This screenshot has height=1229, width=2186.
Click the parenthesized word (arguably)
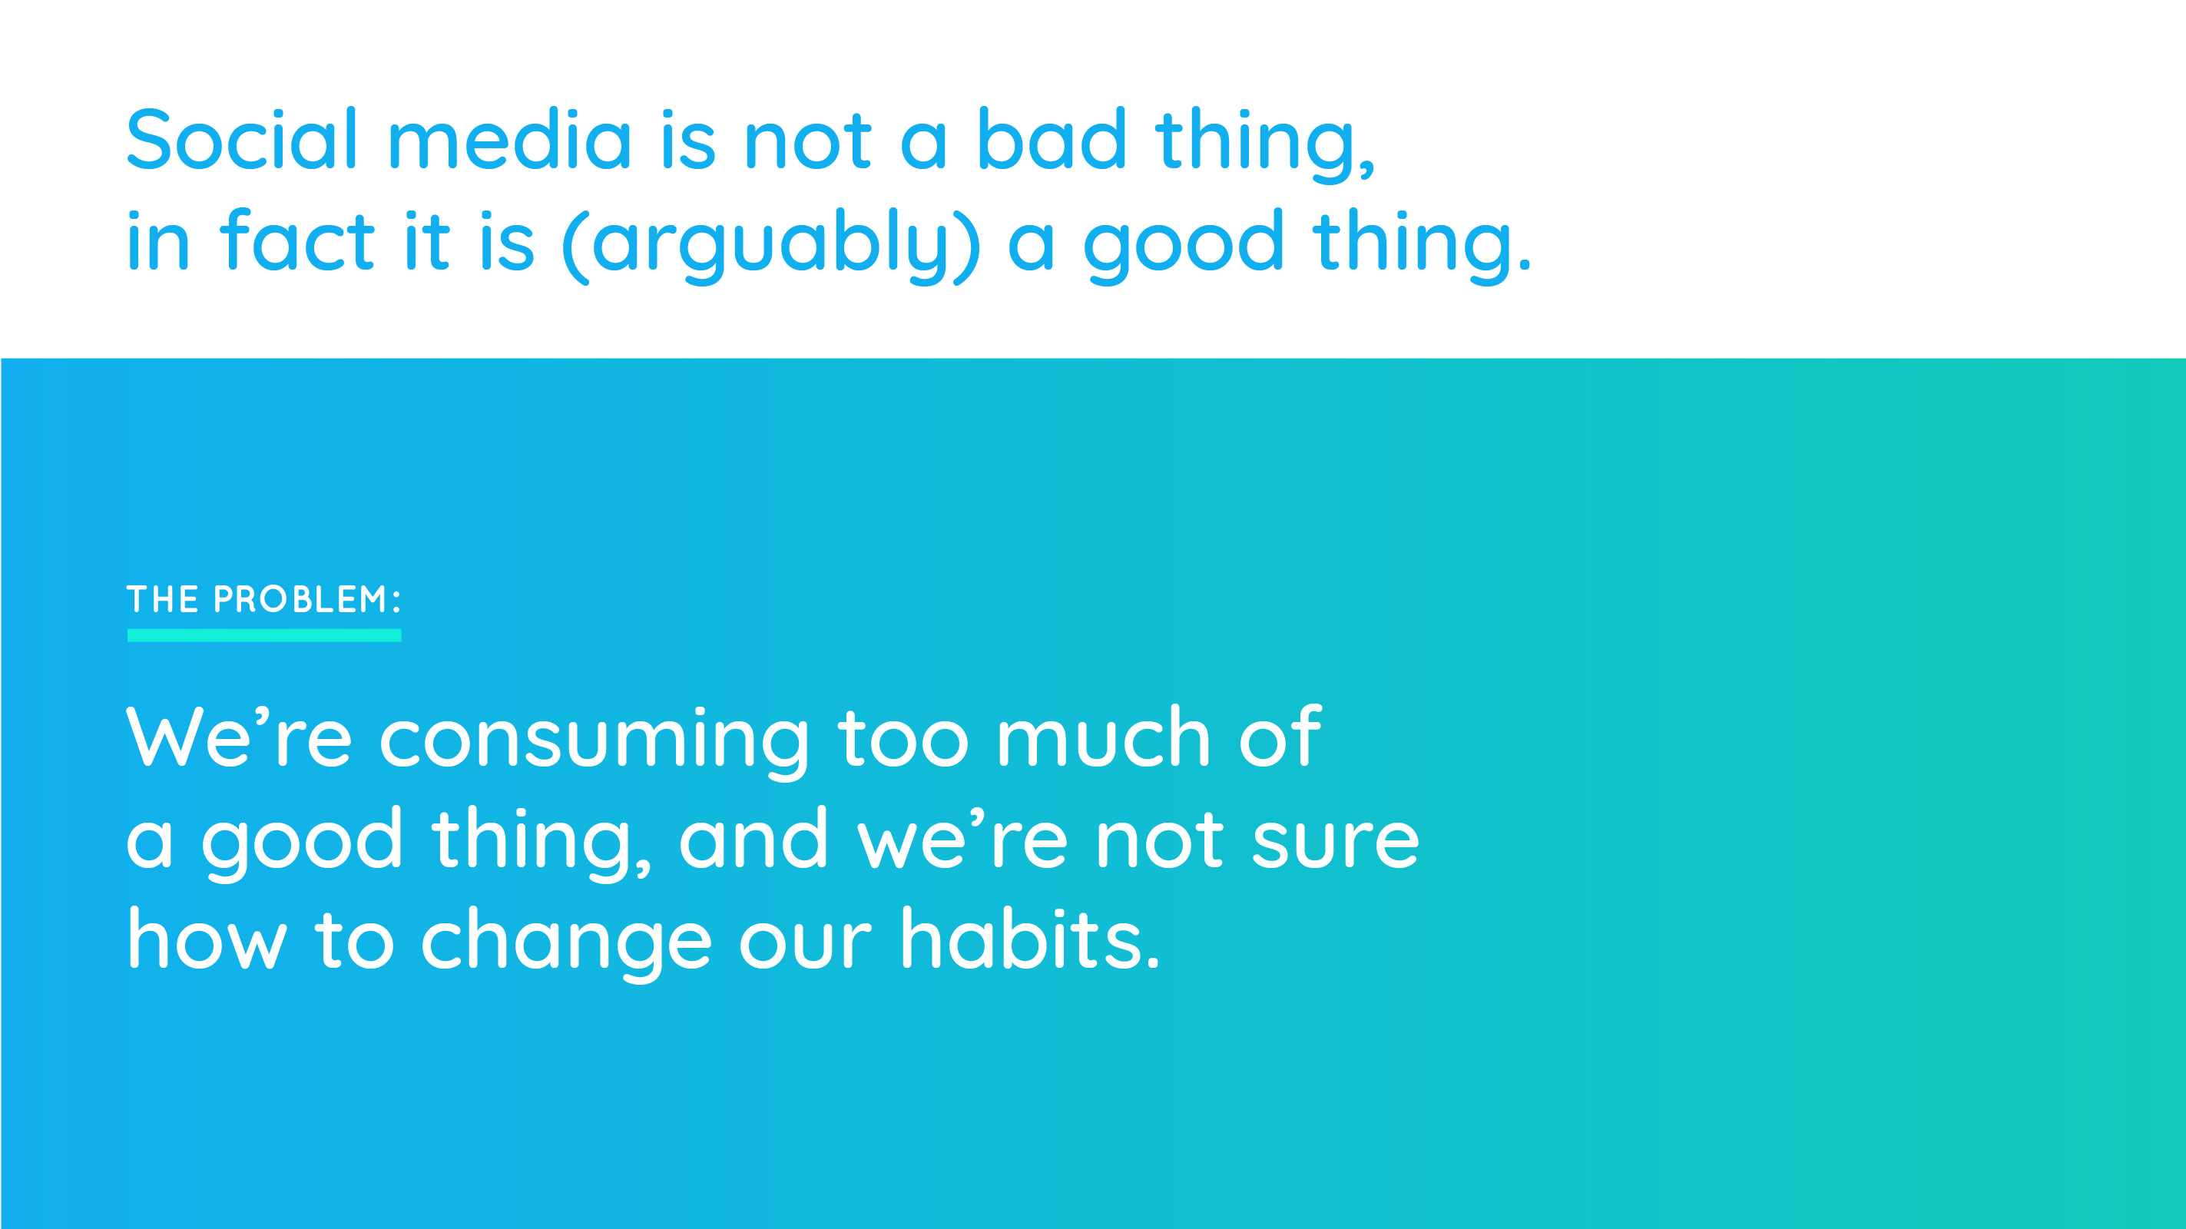click(x=771, y=246)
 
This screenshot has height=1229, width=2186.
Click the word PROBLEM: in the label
click(x=307, y=599)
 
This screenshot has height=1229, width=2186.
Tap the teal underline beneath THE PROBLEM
click(x=264, y=636)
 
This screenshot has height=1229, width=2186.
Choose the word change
click(x=566, y=944)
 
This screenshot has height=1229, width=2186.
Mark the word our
click(x=805, y=944)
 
